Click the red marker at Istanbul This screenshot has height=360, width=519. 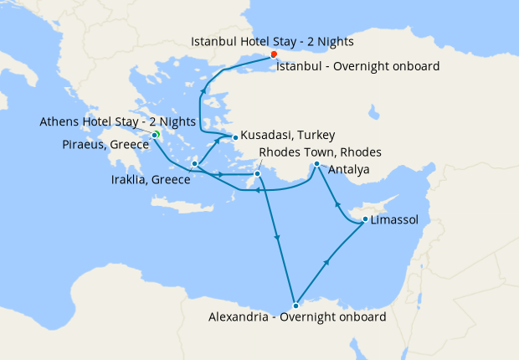274,54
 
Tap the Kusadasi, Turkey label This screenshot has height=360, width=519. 288,135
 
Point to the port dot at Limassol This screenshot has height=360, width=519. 364,220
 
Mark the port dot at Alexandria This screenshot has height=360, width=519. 295,305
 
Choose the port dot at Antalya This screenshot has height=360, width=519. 316,164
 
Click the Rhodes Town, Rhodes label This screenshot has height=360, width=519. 321,152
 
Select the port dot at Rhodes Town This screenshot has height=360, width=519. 257,174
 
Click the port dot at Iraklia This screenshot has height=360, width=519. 194,163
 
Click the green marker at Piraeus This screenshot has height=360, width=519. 156,135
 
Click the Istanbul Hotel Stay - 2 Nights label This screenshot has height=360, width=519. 272,40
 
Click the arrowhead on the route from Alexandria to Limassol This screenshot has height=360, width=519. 326,263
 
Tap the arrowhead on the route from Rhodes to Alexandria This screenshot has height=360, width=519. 277,240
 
